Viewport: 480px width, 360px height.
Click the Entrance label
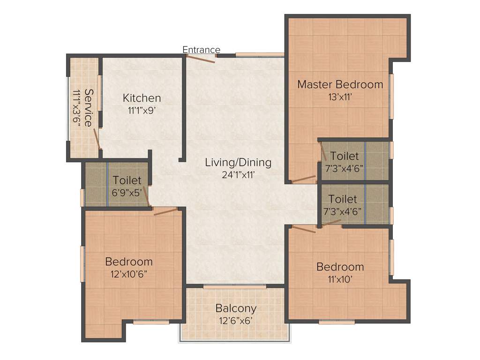pos(201,50)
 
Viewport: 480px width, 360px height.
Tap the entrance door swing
pos(201,58)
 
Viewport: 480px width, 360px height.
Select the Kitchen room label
pos(142,98)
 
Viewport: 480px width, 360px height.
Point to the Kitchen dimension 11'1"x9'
pos(142,111)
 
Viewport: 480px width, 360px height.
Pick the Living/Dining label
pos(238,163)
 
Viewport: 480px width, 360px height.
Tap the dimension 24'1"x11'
pos(238,175)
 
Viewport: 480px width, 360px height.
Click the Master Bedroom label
pos(340,84)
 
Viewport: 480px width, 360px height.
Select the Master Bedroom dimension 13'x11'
pos(340,97)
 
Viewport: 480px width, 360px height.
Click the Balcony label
pos(236,308)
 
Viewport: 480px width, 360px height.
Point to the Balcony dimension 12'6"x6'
pos(236,321)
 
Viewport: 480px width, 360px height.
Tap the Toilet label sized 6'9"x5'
pos(127,180)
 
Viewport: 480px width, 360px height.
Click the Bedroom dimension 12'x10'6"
pos(129,274)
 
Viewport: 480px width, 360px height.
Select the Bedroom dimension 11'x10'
pos(340,279)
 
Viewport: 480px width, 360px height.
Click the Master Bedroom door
pos(303,179)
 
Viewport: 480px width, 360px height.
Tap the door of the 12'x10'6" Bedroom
pos(165,211)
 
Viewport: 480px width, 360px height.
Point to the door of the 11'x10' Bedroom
pos(303,229)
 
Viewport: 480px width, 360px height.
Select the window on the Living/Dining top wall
pos(260,55)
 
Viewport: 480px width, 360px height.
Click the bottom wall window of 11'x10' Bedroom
pos(337,322)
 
